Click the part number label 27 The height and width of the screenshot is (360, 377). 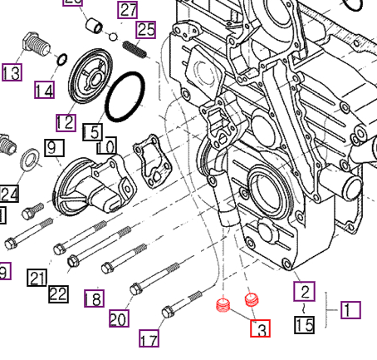tap(127, 11)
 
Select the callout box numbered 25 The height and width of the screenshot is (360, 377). tap(146, 30)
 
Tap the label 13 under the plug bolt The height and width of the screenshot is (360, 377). tap(12, 73)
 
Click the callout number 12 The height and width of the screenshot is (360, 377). tap(66, 122)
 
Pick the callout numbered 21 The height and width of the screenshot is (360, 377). tap(37, 278)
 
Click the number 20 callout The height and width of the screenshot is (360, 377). tap(120, 318)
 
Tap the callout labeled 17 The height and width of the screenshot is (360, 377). tap(149, 339)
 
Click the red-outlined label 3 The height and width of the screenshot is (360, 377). tap(261, 329)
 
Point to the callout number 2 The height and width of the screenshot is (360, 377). tap(306, 290)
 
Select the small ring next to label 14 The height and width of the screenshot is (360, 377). tap(60, 59)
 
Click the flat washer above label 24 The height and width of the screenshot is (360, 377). tap(27, 158)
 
